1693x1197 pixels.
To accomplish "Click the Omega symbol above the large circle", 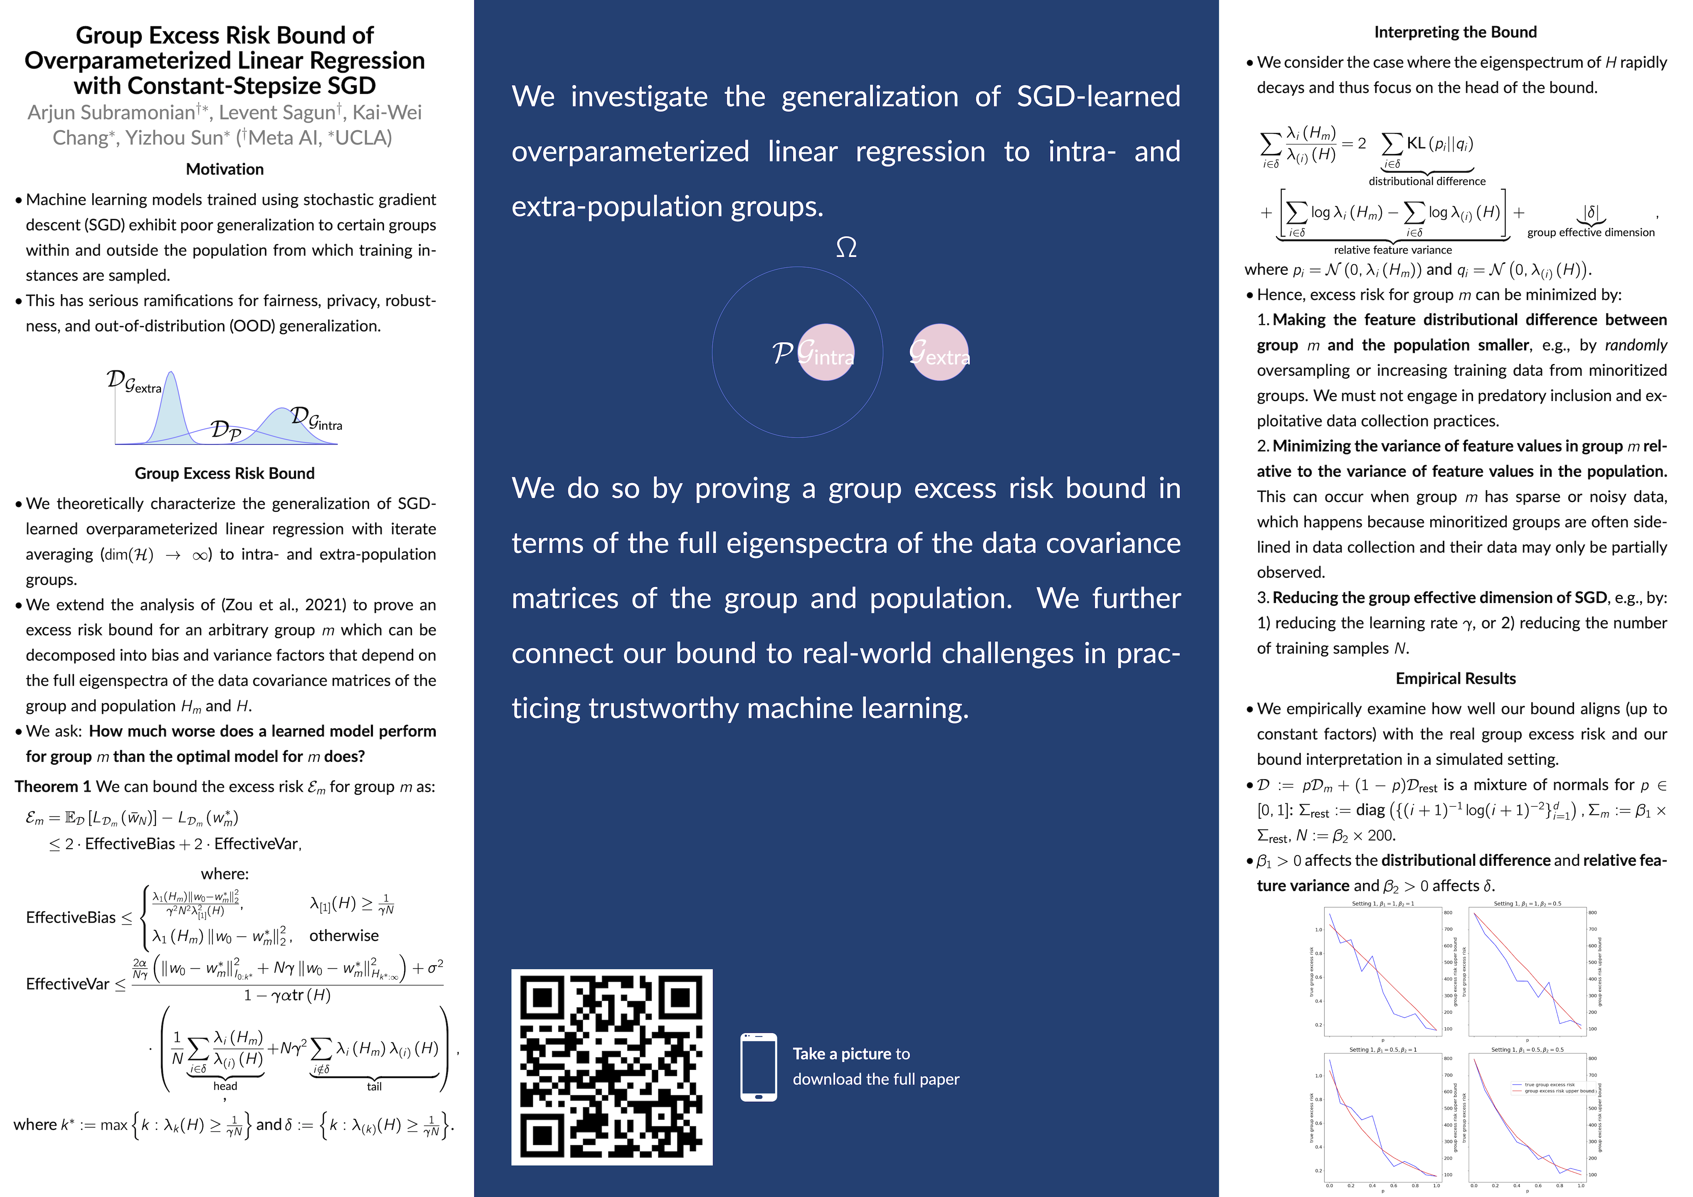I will point(846,247).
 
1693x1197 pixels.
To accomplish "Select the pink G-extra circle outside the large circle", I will point(939,352).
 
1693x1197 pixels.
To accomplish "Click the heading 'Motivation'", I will point(225,169).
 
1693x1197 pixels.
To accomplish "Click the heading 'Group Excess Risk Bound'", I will point(225,473).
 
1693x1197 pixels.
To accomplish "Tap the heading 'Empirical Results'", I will point(1455,678).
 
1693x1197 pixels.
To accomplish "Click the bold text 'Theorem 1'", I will point(53,786).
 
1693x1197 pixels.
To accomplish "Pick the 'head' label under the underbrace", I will point(225,1086).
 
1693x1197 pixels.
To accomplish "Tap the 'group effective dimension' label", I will point(1590,232).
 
